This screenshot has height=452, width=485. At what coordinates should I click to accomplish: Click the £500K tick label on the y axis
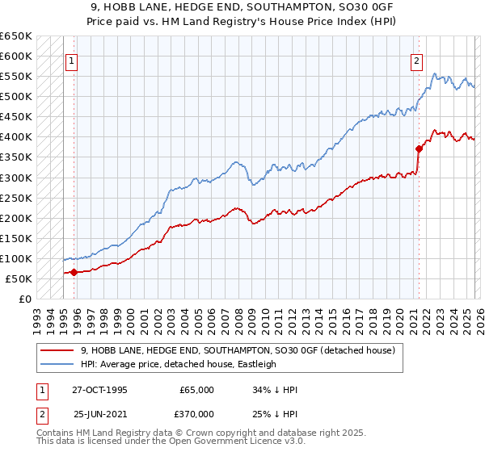click(15, 97)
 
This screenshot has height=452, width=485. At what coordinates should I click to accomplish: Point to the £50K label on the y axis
click(19, 279)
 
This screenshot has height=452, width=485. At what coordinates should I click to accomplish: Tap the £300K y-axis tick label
click(15, 178)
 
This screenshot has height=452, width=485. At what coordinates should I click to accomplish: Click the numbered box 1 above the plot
click(72, 60)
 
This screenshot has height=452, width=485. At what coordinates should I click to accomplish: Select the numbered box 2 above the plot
click(416, 60)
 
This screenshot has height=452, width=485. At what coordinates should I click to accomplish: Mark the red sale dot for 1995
click(74, 272)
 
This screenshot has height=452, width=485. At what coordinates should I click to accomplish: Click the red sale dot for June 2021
click(419, 149)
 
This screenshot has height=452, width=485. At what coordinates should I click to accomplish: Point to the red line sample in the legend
click(57, 350)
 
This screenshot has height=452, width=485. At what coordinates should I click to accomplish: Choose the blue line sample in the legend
click(57, 364)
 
